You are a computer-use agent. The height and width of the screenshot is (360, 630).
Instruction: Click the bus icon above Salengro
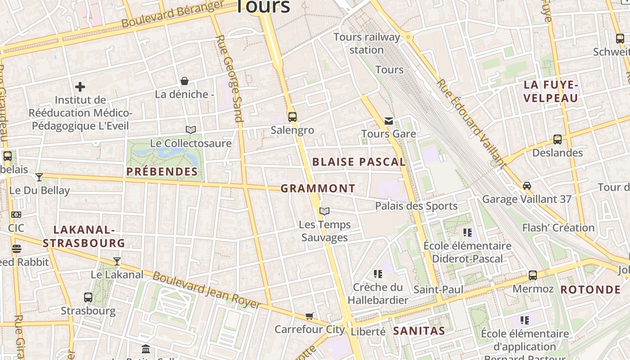click(292, 117)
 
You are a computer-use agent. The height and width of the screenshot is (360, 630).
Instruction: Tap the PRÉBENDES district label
click(162, 171)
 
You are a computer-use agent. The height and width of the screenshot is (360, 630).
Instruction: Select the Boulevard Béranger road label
click(173, 14)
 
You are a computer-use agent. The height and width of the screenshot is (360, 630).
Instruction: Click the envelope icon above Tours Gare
click(389, 121)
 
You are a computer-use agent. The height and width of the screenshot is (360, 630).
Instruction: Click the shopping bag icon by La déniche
click(184, 81)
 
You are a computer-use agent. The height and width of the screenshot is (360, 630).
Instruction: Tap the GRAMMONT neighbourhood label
click(318, 189)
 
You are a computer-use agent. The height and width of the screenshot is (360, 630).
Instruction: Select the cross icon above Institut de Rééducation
click(80, 86)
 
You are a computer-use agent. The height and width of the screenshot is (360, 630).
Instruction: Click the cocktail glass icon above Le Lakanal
click(117, 261)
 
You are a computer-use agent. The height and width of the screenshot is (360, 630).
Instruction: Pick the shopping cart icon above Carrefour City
click(309, 316)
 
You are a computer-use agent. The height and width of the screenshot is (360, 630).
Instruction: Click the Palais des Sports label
click(416, 206)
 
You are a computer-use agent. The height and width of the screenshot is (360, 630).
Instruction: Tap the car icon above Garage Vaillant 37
click(526, 185)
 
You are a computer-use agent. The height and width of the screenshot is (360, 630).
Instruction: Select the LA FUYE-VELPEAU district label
click(551, 91)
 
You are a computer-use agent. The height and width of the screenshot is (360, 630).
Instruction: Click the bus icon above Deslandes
click(558, 139)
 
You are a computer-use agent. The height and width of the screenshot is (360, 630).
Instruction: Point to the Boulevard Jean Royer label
click(207, 291)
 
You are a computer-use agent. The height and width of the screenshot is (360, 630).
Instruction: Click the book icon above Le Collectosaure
click(191, 130)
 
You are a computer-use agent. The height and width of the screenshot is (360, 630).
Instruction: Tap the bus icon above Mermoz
click(533, 275)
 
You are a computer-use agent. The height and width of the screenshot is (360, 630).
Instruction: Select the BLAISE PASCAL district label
click(359, 162)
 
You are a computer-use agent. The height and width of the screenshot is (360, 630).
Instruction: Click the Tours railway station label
click(366, 43)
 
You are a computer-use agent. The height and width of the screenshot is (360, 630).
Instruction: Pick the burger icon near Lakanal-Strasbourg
click(17, 248)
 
